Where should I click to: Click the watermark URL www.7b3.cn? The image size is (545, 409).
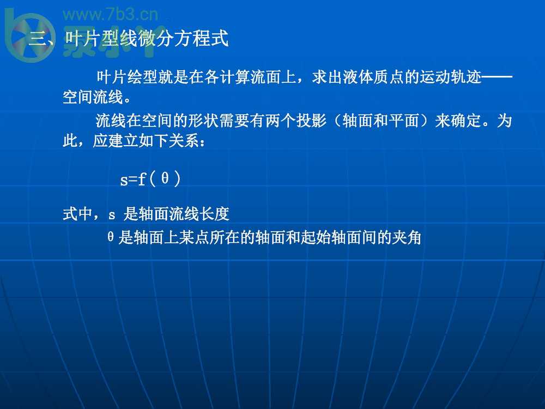[x=111, y=15]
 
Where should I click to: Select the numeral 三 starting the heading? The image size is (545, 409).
[x=37, y=38]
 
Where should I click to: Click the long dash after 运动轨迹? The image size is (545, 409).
[x=497, y=76]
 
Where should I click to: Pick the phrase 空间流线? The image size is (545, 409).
[x=93, y=97]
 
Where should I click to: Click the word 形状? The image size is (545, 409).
[x=203, y=121]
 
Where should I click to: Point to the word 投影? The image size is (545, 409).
[x=311, y=121]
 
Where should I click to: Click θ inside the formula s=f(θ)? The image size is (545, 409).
[x=165, y=178]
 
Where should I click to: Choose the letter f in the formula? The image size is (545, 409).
[x=142, y=179]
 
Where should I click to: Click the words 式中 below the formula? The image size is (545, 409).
[x=77, y=214]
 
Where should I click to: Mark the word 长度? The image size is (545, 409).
[x=214, y=214]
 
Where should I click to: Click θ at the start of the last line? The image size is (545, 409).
[x=111, y=237]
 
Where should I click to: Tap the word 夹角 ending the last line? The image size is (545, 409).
[x=407, y=238]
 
